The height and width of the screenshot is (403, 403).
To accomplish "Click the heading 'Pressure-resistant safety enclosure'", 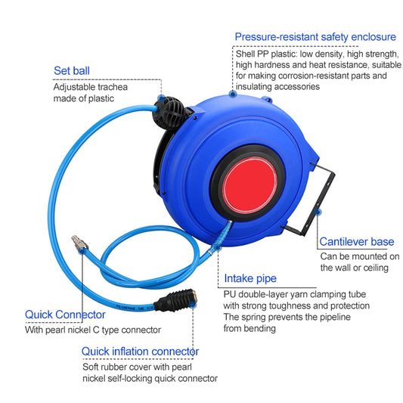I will point(315,36).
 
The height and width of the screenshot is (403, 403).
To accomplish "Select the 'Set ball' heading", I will point(73,71).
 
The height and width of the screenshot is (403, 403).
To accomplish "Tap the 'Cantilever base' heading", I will point(357,242).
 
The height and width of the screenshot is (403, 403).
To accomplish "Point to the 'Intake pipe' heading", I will point(250,278).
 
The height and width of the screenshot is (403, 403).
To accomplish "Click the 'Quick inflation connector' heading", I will point(140,351).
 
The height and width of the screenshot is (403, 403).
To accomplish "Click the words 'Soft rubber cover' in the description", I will point(117,367).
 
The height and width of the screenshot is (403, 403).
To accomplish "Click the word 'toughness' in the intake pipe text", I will point(301,305).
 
